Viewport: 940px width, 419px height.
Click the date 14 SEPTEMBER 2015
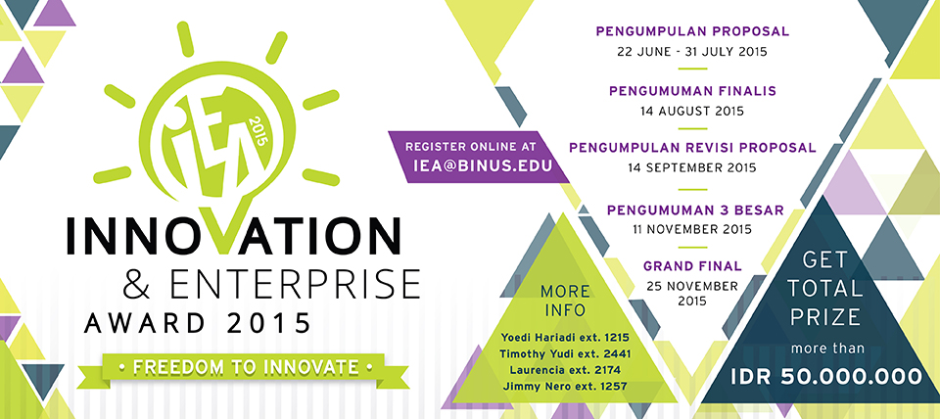(692, 167)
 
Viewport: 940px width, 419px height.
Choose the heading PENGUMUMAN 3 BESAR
(695, 210)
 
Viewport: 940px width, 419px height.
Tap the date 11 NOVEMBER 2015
(692, 230)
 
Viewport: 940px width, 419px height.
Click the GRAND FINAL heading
(692, 265)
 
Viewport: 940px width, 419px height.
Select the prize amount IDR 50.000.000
(826, 377)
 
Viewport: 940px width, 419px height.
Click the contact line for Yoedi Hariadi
(565, 338)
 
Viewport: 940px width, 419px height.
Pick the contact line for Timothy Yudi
(565, 353)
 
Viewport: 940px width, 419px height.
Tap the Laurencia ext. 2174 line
(565, 370)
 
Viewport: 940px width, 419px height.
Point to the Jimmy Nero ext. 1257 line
(565, 387)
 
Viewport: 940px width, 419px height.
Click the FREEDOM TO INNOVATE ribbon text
(246, 366)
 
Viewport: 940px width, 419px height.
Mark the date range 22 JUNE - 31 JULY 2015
(692, 52)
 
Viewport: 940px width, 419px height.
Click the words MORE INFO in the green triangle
(565, 301)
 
